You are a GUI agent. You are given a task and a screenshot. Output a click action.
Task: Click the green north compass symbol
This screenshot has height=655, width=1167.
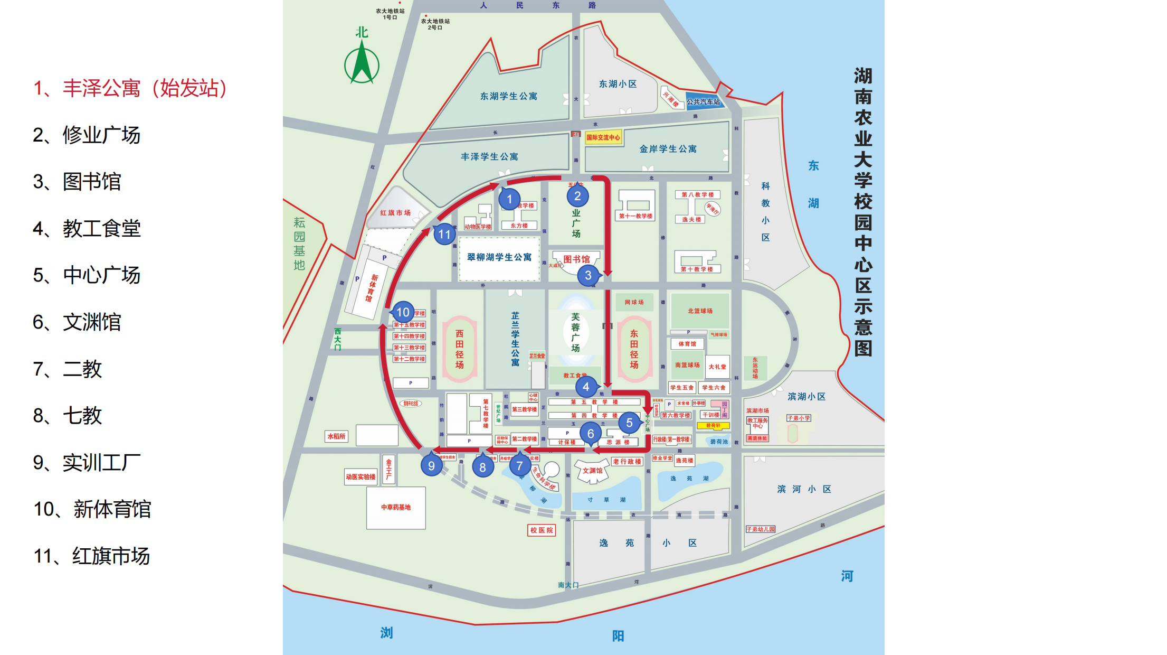pyautogui.click(x=362, y=64)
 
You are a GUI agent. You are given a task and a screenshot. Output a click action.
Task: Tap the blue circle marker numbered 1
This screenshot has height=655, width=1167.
pyautogui.click(x=509, y=199)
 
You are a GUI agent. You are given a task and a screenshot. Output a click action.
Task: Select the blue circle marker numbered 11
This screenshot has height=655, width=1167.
pyautogui.click(x=444, y=234)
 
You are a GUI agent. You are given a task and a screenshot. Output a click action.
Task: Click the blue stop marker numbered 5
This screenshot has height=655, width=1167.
pyautogui.click(x=629, y=423)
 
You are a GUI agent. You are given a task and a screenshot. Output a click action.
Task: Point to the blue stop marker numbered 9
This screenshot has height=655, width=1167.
pyautogui.click(x=431, y=466)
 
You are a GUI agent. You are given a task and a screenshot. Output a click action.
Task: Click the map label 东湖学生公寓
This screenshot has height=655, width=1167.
pyautogui.click(x=508, y=96)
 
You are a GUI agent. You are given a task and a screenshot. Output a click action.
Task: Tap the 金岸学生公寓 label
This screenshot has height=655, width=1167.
pyautogui.click(x=668, y=149)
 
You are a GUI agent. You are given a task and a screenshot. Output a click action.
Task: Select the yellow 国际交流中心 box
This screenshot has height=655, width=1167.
pyautogui.click(x=603, y=137)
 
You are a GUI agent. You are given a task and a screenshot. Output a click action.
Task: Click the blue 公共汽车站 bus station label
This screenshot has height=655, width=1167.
pyautogui.click(x=703, y=101)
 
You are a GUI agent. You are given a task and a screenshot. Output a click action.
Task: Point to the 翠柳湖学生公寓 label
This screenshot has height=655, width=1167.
pyautogui.click(x=499, y=257)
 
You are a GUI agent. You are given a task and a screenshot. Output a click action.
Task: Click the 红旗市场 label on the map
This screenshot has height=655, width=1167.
pyautogui.click(x=395, y=213)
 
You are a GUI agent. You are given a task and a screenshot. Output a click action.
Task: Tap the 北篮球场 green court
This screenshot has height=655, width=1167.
pyautogui.click(x=700, y=311)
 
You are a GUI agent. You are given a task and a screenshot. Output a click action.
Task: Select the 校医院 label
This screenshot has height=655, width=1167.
pyautogui.click(x=542, y=530)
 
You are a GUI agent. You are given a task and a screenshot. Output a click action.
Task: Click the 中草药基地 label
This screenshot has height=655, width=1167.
pyautogui.click(x=396, y=507)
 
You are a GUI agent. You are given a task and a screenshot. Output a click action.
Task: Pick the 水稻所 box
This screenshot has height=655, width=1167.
pyautogui.click(x=336, y=436)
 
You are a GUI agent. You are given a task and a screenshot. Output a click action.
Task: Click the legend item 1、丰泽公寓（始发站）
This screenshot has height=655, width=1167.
pyautogui.click(x=130, y=88)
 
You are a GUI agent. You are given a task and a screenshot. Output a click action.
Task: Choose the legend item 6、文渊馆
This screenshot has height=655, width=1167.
pyautogui.click(x=77, y=322)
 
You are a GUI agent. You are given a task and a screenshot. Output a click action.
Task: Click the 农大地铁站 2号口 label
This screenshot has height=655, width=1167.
pyautogui.click(x=435, y=24)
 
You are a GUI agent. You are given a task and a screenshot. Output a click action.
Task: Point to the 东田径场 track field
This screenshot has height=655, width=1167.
pyautogui.click(x=634, y=349)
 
